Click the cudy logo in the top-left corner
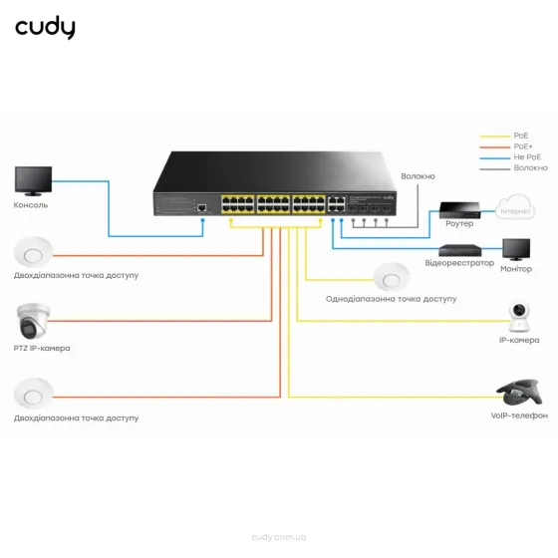45,28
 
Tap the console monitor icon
32,181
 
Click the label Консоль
31,205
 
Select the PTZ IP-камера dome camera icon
32,319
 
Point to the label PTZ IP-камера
43,348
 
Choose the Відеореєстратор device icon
464,248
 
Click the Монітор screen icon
516,249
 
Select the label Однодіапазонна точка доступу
391,298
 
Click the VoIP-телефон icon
519,391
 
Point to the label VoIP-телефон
519,416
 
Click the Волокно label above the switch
418,176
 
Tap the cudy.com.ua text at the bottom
279,536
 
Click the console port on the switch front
202,206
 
